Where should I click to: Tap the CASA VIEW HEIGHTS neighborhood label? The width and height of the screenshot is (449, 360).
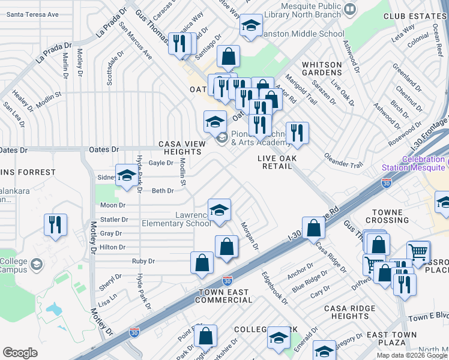click(180, 148)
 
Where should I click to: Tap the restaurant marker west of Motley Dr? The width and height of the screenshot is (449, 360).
click(55, 225)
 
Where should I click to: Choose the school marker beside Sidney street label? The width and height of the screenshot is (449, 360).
click(127, 176)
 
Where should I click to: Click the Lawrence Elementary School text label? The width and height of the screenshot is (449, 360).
click(176, 219)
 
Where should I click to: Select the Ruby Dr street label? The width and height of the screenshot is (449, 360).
click(143, 261)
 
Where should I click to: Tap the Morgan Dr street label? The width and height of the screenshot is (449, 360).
click(250, 236)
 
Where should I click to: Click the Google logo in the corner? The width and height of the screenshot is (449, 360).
click(20, 353)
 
